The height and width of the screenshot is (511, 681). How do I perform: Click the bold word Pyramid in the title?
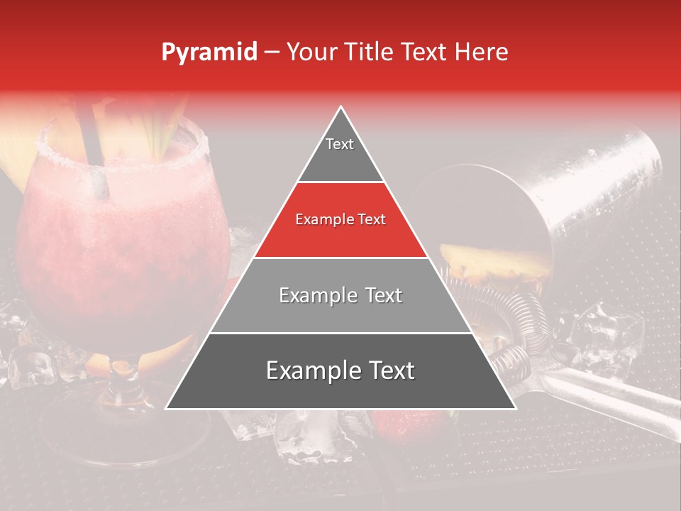pos(209,52)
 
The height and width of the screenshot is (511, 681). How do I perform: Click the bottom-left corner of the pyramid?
pos(167,408)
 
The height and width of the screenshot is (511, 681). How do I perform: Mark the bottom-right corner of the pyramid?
pos(515,408)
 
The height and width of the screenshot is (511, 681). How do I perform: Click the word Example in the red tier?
pos(321,220)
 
